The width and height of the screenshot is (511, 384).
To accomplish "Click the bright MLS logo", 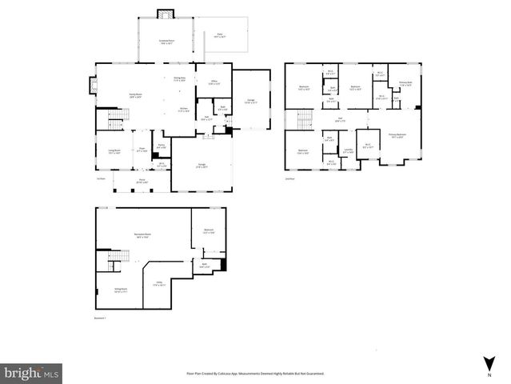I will pos(32,372).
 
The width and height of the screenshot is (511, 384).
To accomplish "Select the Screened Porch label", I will pos(167,41).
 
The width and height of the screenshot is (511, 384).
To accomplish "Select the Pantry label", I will pos(161,146).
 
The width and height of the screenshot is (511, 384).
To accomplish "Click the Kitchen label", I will pos(183,110).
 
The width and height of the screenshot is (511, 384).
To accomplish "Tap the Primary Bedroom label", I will pos(397,135).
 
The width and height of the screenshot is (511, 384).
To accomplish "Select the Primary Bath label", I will pos(405,82).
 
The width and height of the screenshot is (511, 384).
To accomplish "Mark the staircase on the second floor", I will pos(304,121).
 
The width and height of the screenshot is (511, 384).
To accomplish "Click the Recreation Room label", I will pos(144,234).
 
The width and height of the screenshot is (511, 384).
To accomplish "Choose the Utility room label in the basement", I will pos(160,284).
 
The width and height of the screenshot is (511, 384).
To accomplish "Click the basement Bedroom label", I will pos(209,230).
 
